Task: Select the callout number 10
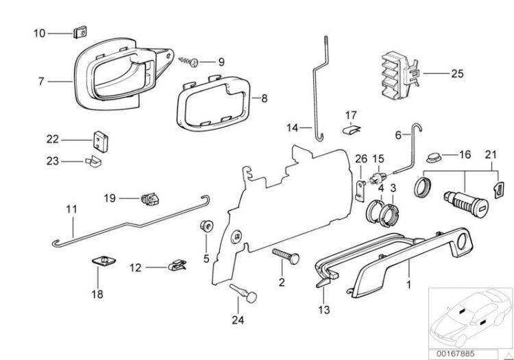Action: click(x=40, y=32)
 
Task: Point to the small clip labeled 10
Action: click(x=80, y=32)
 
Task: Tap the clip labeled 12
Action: click(x=177, y=265)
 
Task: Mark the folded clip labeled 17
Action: click(x=350, y=128)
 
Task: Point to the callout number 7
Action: click(x=41, y=81)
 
